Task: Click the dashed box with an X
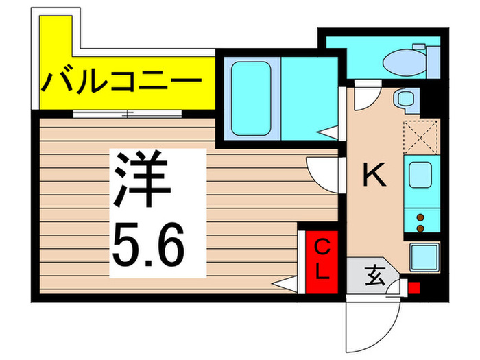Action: click(420, 138)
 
